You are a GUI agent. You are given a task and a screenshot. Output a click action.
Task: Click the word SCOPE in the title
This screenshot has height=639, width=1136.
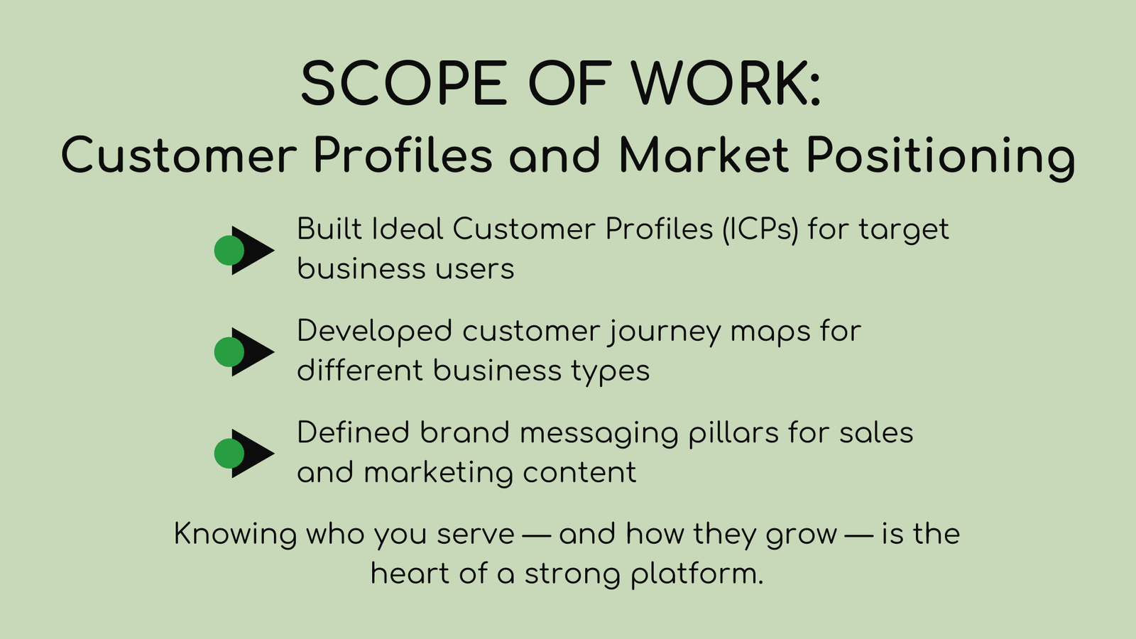(x=404, y=83)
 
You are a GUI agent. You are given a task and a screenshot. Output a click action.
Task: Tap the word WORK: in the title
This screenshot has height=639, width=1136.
(x=726, y=83)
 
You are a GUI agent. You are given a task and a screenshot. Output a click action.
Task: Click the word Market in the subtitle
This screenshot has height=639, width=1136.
(x=704, y=154)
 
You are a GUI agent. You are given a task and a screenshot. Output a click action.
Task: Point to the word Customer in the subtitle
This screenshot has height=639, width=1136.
(x=179, y=154)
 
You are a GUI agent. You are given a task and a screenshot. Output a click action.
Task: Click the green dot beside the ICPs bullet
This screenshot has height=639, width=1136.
(x=229, y=250)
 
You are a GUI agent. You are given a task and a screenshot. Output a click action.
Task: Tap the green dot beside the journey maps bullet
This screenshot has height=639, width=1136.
(x=229, y=352)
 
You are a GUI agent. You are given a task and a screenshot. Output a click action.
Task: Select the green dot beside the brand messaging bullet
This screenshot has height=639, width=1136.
(x=229, y=454)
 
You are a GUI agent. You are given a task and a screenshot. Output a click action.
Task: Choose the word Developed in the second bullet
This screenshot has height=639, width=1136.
(x=374, y=332)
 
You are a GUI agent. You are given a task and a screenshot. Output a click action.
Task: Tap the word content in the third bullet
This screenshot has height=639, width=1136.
(x=579, y=473)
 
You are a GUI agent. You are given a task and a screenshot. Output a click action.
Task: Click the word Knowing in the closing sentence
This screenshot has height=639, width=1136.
(x=235, y=535)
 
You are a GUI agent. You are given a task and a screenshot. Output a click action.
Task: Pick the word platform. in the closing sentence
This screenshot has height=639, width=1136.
(x=697, y=575)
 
